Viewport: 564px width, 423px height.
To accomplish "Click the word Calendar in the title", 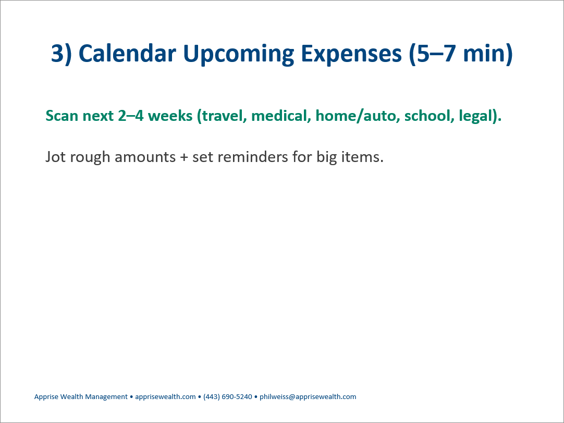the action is [127, 53].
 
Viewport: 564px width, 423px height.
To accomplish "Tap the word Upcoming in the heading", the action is [239, 54].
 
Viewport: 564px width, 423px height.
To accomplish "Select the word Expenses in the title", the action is [351, 54].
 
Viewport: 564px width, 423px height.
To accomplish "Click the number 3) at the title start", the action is [62, 54].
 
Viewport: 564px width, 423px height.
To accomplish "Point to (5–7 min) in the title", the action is [461, 54].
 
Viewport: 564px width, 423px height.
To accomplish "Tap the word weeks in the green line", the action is [170, 116].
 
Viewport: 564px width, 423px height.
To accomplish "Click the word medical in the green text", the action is [281, 116].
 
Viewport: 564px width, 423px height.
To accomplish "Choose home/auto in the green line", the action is [357, 116].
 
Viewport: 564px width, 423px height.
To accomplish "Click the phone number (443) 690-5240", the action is [228, 397].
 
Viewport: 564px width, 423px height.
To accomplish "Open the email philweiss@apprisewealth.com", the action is [308, 397].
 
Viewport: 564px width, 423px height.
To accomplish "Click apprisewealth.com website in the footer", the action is [165, 397].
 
